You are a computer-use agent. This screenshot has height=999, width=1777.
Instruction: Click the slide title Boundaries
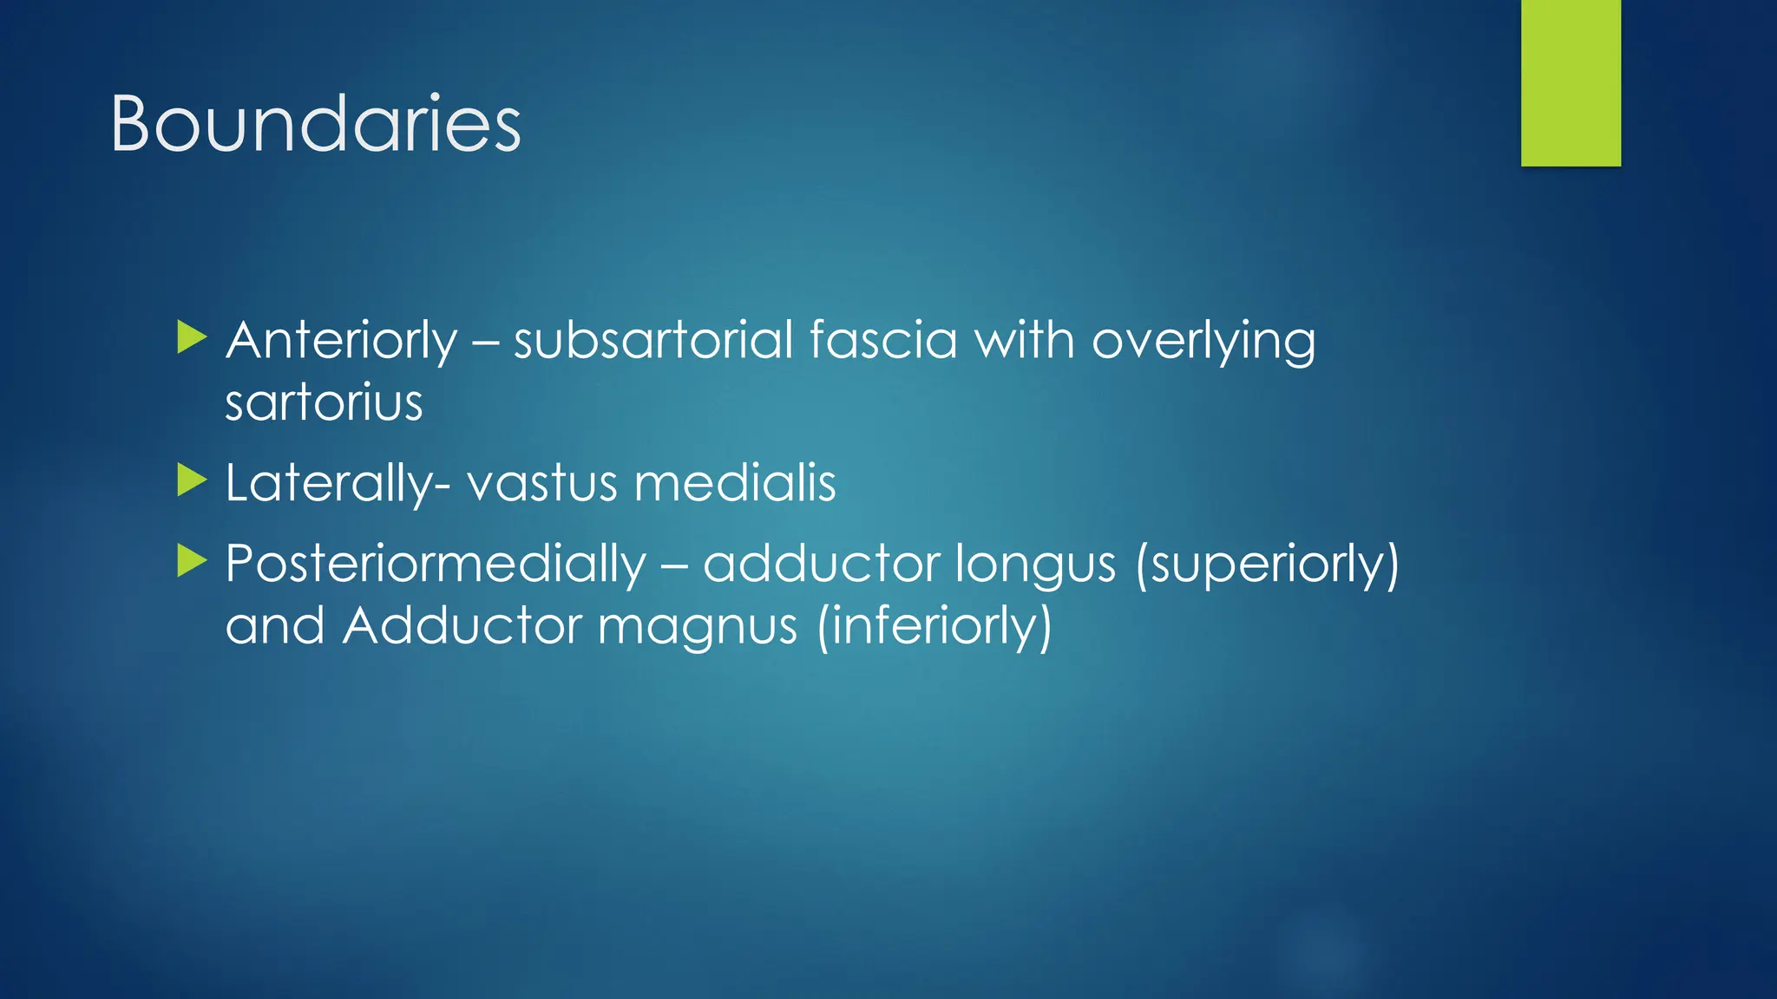[316, 125]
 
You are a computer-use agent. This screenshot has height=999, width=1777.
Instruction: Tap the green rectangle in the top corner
[1570, 82]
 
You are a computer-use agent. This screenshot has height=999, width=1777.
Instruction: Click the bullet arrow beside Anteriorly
[191, 337]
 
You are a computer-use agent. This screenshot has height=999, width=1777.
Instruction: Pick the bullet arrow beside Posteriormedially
[191, 561]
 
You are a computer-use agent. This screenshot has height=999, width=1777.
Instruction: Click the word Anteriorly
[341, 340]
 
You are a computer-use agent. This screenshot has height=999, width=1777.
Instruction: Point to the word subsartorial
[652, 340]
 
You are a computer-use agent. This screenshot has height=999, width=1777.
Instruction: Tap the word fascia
[882, 340]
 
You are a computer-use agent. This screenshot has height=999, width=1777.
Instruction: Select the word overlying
[1203, 342]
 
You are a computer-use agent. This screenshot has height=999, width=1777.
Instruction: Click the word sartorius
[324, 403]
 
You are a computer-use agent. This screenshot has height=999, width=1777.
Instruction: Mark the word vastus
[541, 483]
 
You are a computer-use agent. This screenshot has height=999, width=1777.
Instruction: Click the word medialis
[735, 483]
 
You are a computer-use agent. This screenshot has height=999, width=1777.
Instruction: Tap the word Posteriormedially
[436, 565]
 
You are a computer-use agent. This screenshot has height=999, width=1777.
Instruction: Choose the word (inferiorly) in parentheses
[934, 626]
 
